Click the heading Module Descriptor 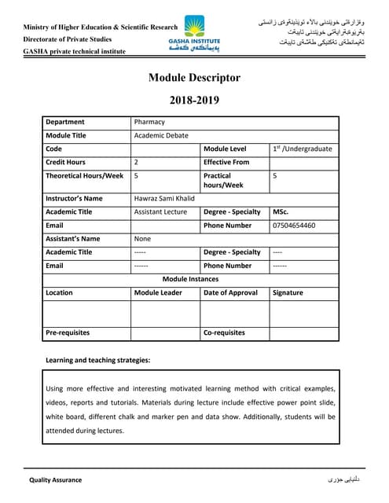pos(194,78)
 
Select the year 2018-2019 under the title pos(194,100)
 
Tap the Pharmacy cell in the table pos(149,122)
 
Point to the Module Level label pos(225,149)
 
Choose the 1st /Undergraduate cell pos(303,149)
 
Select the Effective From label pos(227,162)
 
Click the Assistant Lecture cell pos(160,212)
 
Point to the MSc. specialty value pos(281,212)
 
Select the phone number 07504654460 pos(295,226)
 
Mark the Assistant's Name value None pos(142,239)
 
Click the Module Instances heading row pos(191,279)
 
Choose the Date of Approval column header pos(230,292)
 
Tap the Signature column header pos(288,292)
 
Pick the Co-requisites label pos(225,333)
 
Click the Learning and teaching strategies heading pos(97,360)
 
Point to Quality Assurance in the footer pos(56,479)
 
